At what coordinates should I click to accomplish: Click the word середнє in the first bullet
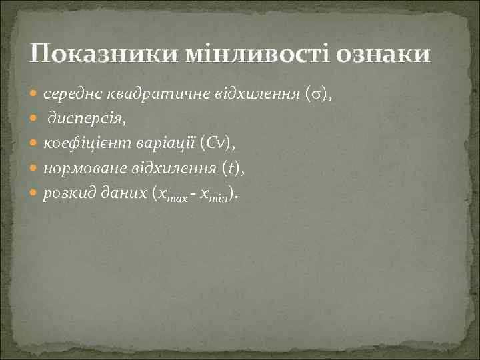(x=71, y=95)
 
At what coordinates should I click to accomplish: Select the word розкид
(x=67, y=194)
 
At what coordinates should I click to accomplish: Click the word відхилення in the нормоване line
(x=173, y=169)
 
